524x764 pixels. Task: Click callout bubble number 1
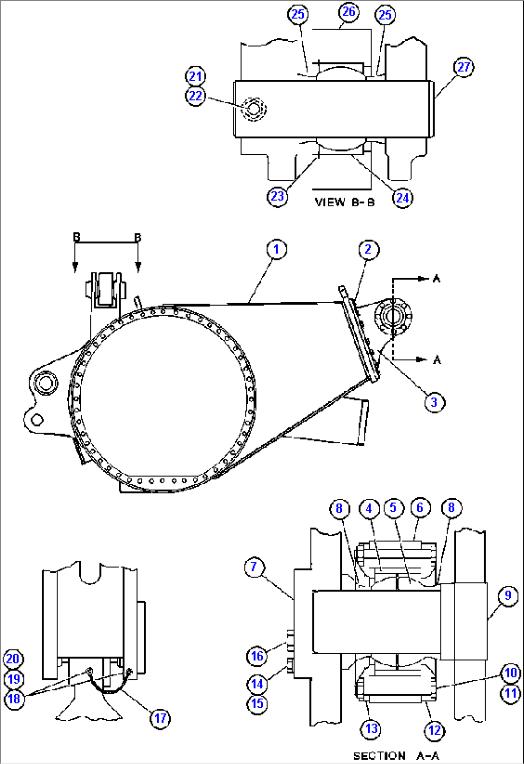(x=276, y=249)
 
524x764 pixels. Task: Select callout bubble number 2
(x=368, y=249)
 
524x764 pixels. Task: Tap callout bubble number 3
(x=435, y=402)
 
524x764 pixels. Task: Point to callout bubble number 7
(x=254, y=567)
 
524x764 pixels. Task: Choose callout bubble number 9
(x=508, y=596)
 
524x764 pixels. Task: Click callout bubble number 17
(x=160, y=718)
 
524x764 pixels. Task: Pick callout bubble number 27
(x=463, y=67)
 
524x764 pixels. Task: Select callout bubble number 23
(x=277, y=197)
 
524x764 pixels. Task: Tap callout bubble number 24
(x=402, y=197)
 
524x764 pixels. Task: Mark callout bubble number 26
(x=349, y=12)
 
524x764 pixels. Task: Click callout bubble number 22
(x=195, y=96)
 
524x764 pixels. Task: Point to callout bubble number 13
(x=371, y=729)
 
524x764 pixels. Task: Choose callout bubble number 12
(x=434, y=730)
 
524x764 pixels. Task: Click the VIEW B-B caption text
(x=344, y=202)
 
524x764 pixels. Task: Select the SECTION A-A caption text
(x=396, y=756)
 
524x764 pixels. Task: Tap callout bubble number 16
(x=257, y=656)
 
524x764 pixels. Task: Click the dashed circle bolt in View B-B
(x=253, y=110)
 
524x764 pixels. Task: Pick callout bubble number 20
(x=13, y=659)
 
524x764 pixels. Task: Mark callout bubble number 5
(x=393, y=508)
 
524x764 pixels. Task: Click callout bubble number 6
(x=420, y=508)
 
